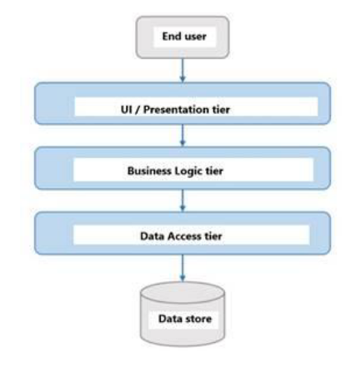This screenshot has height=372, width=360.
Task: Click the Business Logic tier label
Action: pyautogui.click(x=181, y=172)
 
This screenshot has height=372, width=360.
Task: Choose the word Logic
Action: pyautogui.click(x=194, y=172)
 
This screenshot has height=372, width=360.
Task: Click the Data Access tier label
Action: pyautogui.click(x=181, y=236)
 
